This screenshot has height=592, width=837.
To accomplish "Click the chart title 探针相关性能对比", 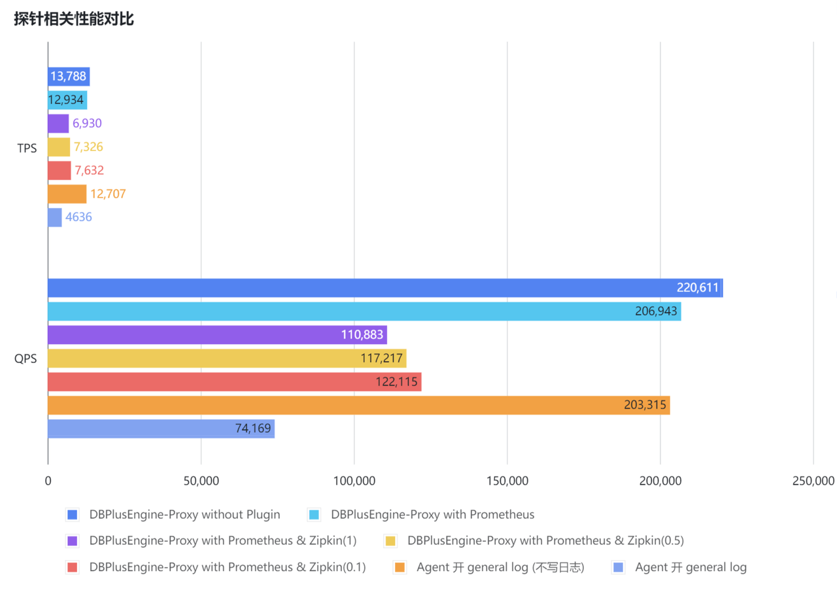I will [74, 19].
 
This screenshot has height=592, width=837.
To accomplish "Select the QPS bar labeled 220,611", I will [384, 288].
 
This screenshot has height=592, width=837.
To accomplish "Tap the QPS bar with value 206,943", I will [364, 311].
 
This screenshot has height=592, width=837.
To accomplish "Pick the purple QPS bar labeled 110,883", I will [217, 335].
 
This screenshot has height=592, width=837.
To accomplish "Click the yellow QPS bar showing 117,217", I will [227, 358].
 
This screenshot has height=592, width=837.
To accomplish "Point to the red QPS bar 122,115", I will [234, 382].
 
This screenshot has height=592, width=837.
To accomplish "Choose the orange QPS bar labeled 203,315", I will [358, 406].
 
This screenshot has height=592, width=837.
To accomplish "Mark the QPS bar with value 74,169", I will [161, 429].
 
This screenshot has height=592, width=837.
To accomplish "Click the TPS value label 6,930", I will [88, 124].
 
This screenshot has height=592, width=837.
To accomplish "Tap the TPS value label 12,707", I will [108, 194].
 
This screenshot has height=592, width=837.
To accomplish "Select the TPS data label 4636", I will [79, 218].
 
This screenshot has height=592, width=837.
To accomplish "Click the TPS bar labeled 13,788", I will [69, 77].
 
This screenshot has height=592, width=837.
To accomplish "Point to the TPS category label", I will [27, 149].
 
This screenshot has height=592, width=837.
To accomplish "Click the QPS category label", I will [27, 359].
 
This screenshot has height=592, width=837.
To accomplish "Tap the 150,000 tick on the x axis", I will [507, 481].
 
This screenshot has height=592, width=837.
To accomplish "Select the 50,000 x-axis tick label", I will [201, 481].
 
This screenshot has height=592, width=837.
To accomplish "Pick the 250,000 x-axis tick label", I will [813, 481].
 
